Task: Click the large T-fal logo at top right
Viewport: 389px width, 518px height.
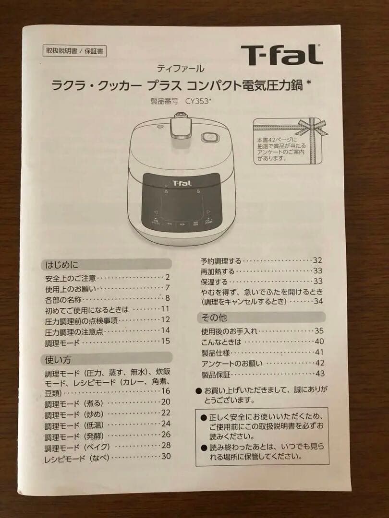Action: pos(281,55)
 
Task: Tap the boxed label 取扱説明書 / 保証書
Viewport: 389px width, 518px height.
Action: pos(74,51)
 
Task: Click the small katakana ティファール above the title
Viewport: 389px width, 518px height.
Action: pos(180,69)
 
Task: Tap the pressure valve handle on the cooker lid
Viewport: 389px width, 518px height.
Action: pos(181,126)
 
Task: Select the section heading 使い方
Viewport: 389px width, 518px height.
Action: pos(58,359)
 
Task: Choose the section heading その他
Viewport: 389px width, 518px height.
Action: pos(214,318)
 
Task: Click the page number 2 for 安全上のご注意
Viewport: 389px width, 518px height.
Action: pos(168,278)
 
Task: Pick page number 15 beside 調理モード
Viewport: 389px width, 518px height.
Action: pos(166,341)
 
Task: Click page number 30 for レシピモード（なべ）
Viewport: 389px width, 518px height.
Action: pos(166,457)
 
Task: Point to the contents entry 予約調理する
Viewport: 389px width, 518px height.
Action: pos(221,261)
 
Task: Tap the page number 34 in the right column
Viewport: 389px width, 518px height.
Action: pos(318,301)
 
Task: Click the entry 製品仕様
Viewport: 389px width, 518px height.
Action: pos(216,353)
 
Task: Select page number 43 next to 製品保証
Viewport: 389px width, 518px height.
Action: pos(320,374)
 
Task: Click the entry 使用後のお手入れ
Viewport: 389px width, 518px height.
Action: pos(230,331)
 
